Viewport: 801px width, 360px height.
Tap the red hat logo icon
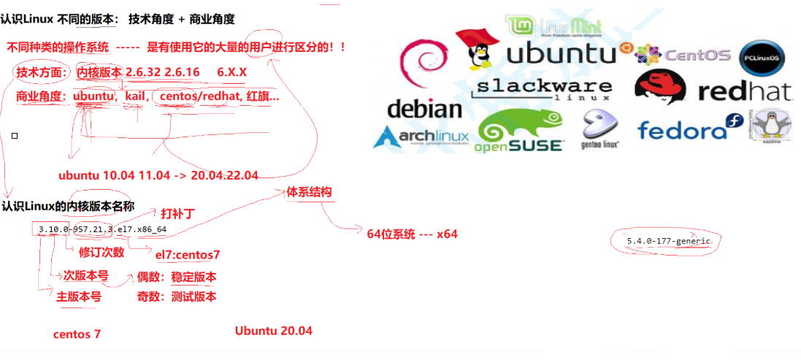660,88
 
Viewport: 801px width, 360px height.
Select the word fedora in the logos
682,130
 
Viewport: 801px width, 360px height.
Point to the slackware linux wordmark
543,88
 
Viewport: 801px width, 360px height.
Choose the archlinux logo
421,137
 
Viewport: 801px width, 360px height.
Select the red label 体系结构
309,192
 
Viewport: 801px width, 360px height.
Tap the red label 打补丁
177,214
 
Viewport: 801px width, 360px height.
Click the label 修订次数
101,252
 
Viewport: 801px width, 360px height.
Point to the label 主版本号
79,296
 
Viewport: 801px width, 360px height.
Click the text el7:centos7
188,254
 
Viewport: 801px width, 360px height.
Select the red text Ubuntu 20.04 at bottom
273,331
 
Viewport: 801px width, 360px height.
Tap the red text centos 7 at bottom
77,334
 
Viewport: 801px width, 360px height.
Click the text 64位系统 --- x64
412,234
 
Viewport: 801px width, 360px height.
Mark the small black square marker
15,136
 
